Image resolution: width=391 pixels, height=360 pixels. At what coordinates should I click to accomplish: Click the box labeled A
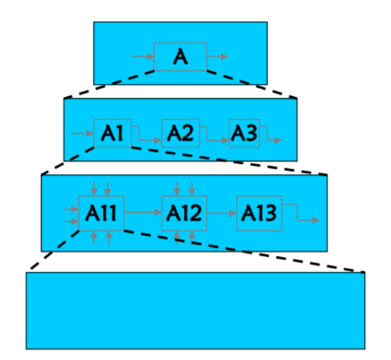[x=180, y=56]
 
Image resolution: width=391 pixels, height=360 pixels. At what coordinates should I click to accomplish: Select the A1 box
[x=113, y=133]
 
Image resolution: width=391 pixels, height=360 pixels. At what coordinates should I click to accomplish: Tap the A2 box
[x=180, y=133]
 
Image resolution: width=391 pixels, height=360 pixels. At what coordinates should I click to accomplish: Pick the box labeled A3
[x=244, y=133]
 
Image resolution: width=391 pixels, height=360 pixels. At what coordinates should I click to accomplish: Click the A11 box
[x=102, y=213]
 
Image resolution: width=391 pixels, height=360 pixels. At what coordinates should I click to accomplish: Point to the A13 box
[x=259, y=213]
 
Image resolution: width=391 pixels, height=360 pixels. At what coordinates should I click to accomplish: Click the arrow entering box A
[x=142, y=57]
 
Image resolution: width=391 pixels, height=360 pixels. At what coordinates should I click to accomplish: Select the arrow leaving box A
[x=217, y=57]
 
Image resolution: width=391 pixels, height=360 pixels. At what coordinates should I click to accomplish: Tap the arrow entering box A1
[x=82, y=132]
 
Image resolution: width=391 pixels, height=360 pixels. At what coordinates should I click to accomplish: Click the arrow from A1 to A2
[x=146, y=139]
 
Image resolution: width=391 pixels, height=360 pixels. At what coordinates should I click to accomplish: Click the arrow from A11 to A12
[x=143, y=213]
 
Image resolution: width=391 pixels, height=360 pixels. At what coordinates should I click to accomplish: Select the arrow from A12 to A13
[x=222, y=213]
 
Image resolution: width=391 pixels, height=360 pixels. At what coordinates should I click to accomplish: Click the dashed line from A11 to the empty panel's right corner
[x=245, y=251]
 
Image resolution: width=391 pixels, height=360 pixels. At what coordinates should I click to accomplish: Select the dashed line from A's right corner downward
[x=251, y=84]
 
